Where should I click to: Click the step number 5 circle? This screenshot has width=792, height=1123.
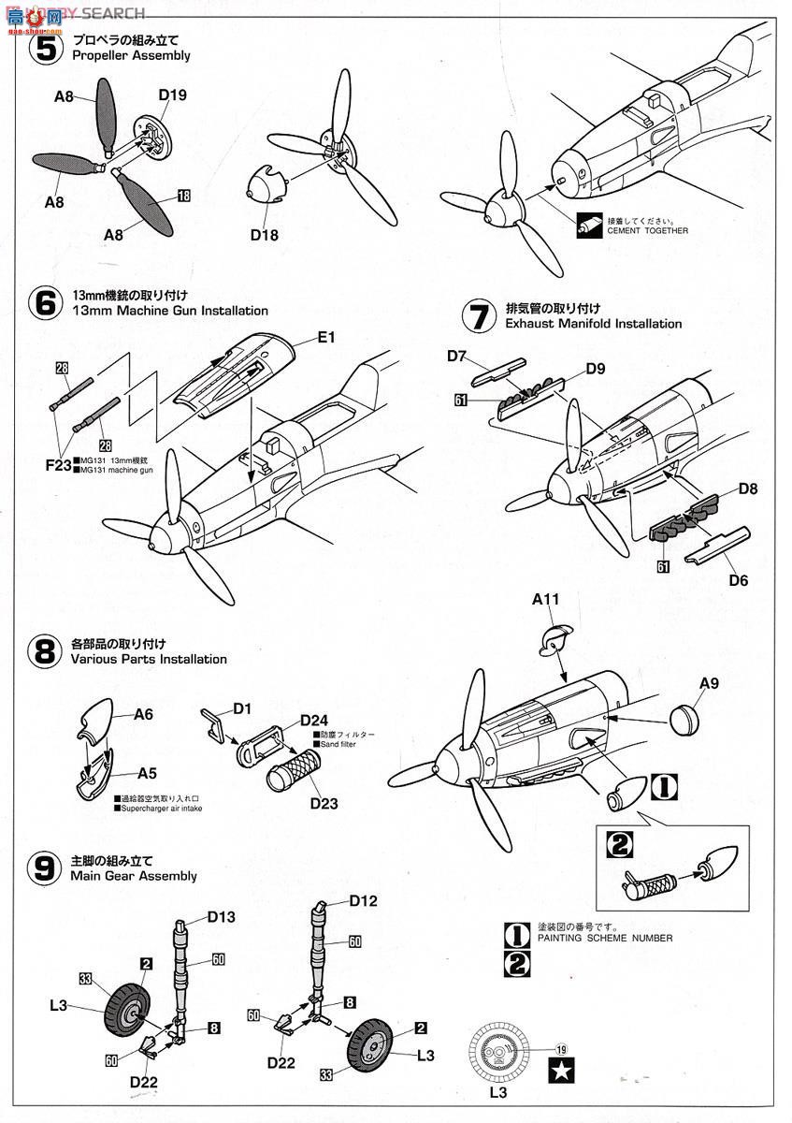point(44,48)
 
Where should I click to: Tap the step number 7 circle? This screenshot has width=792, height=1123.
point(479,315)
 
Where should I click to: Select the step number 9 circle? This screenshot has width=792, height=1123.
point(44,868)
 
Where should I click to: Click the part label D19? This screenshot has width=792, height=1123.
point(172,94)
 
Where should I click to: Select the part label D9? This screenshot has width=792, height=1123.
point(595,369)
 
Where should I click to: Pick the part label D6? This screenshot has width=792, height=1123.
point(738,580)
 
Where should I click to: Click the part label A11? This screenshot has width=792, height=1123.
point(546,600)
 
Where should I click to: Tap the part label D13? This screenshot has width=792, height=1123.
point(221,917)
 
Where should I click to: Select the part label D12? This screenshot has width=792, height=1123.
point(363,901)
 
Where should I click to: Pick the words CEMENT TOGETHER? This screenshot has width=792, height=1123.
point(647,230)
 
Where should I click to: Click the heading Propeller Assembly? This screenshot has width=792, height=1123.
point(130,55)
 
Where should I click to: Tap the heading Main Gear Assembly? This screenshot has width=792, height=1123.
point(134,876)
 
